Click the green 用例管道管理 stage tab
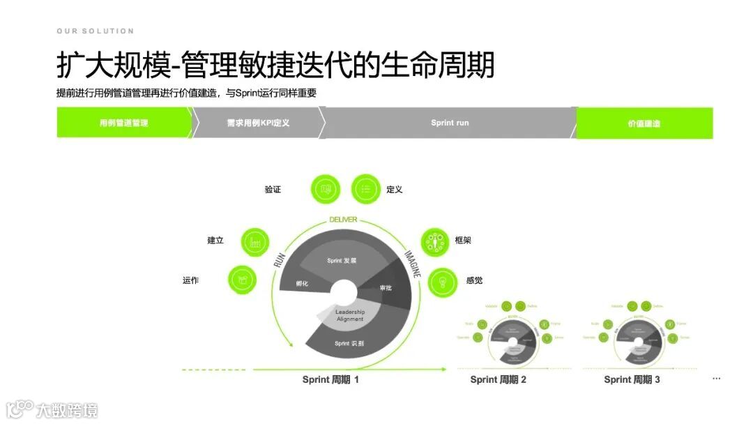click(123, 123)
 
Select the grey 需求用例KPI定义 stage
click(257, 123)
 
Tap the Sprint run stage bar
click(450, 123)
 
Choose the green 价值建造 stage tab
click(644, 123)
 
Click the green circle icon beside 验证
click(326, 189)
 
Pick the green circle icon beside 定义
click(365, 189)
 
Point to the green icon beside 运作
click(242, 280)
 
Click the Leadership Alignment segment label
click(350, 315)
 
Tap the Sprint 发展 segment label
click(342, 260)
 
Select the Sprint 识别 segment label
click(349, 343)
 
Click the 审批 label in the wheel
click(386, 288)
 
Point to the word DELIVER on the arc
click(343, 220)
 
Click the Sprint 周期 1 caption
click(330, 380)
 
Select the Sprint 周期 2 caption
click(498, 380)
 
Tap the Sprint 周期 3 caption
click(632, 380)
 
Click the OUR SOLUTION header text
click(95, 31)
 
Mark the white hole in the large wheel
click(344, 292)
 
